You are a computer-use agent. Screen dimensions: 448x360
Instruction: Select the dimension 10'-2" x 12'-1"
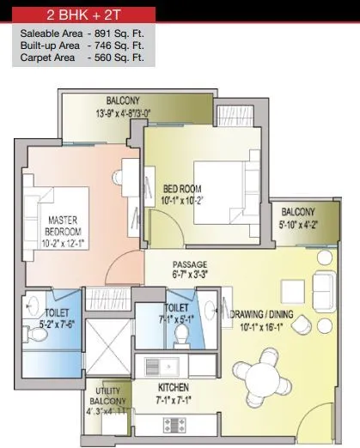(64, 243)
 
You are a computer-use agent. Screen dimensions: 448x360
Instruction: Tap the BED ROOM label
(182, 191)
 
